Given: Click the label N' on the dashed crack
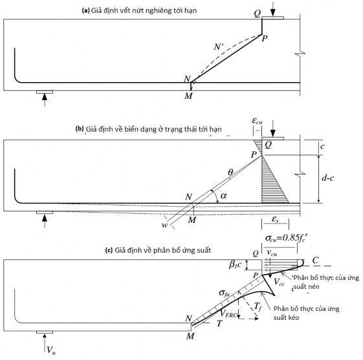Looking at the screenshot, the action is coord(219,47).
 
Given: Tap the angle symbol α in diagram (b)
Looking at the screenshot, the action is coord(224,196).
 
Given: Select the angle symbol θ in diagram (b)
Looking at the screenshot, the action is coord(230,172).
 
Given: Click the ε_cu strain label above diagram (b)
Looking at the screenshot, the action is coord(257,121).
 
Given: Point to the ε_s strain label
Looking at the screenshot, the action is coord(275,219).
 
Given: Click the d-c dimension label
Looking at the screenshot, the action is coord(328,178).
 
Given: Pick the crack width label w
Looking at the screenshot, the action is coord(164,225).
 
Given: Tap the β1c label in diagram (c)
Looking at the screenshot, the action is coord(236,264).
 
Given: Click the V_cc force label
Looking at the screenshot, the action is coord(279,282).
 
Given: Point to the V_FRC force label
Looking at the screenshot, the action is coord(228,313).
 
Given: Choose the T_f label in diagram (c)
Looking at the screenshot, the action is coord(258,307).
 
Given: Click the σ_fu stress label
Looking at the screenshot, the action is coord(224,293).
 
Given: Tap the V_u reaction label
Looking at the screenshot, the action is coord(51,350).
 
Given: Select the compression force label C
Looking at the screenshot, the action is coord(316,260).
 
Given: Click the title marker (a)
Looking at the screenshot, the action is coord(85,10).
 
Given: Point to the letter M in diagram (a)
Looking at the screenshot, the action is coord(188,96).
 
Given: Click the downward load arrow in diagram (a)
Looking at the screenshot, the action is coord(273,9).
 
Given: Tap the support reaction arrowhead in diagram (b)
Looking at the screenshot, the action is coord(45,218).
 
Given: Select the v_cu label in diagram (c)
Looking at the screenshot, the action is coord(272,253).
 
